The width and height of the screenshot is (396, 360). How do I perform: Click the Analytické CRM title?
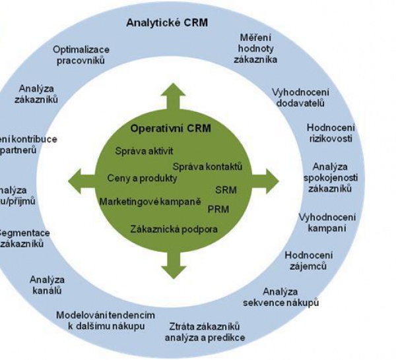pos(167,23)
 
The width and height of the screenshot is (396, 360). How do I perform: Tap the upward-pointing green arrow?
pos(173,96)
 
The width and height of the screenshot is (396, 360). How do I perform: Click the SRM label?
pos(225,191)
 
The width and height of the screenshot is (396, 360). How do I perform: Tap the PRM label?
pos(218,209)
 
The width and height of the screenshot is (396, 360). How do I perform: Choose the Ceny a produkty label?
pos(142,178)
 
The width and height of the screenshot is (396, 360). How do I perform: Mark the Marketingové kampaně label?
pos(150,200)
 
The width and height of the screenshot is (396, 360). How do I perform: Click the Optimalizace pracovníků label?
pos(81,55)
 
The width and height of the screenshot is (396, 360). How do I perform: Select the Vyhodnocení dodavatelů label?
pos(300,97)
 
